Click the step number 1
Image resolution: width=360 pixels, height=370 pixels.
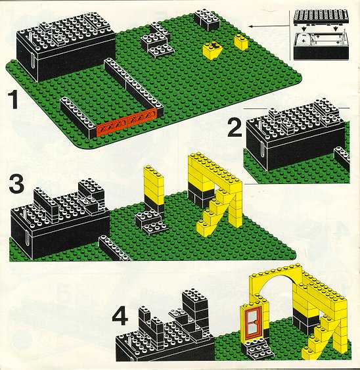[12, 100]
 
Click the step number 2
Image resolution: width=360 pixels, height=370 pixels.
[235, 127]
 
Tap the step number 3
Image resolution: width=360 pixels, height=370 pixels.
[16, 183]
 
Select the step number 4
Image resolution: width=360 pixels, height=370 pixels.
[120, 317]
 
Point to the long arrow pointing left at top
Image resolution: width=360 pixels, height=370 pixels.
[269, 26]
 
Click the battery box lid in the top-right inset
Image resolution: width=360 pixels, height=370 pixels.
[321, 16]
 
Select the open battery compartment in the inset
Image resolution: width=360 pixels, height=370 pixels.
[321, 45]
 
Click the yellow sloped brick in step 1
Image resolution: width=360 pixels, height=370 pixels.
[212, 51]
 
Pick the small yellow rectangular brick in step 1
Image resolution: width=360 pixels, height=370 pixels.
[241, 42]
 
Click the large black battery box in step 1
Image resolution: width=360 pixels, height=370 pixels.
[66, 48]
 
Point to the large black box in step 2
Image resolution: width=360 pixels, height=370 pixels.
[296, 137]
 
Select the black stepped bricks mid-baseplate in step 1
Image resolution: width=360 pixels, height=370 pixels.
[157, 41]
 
